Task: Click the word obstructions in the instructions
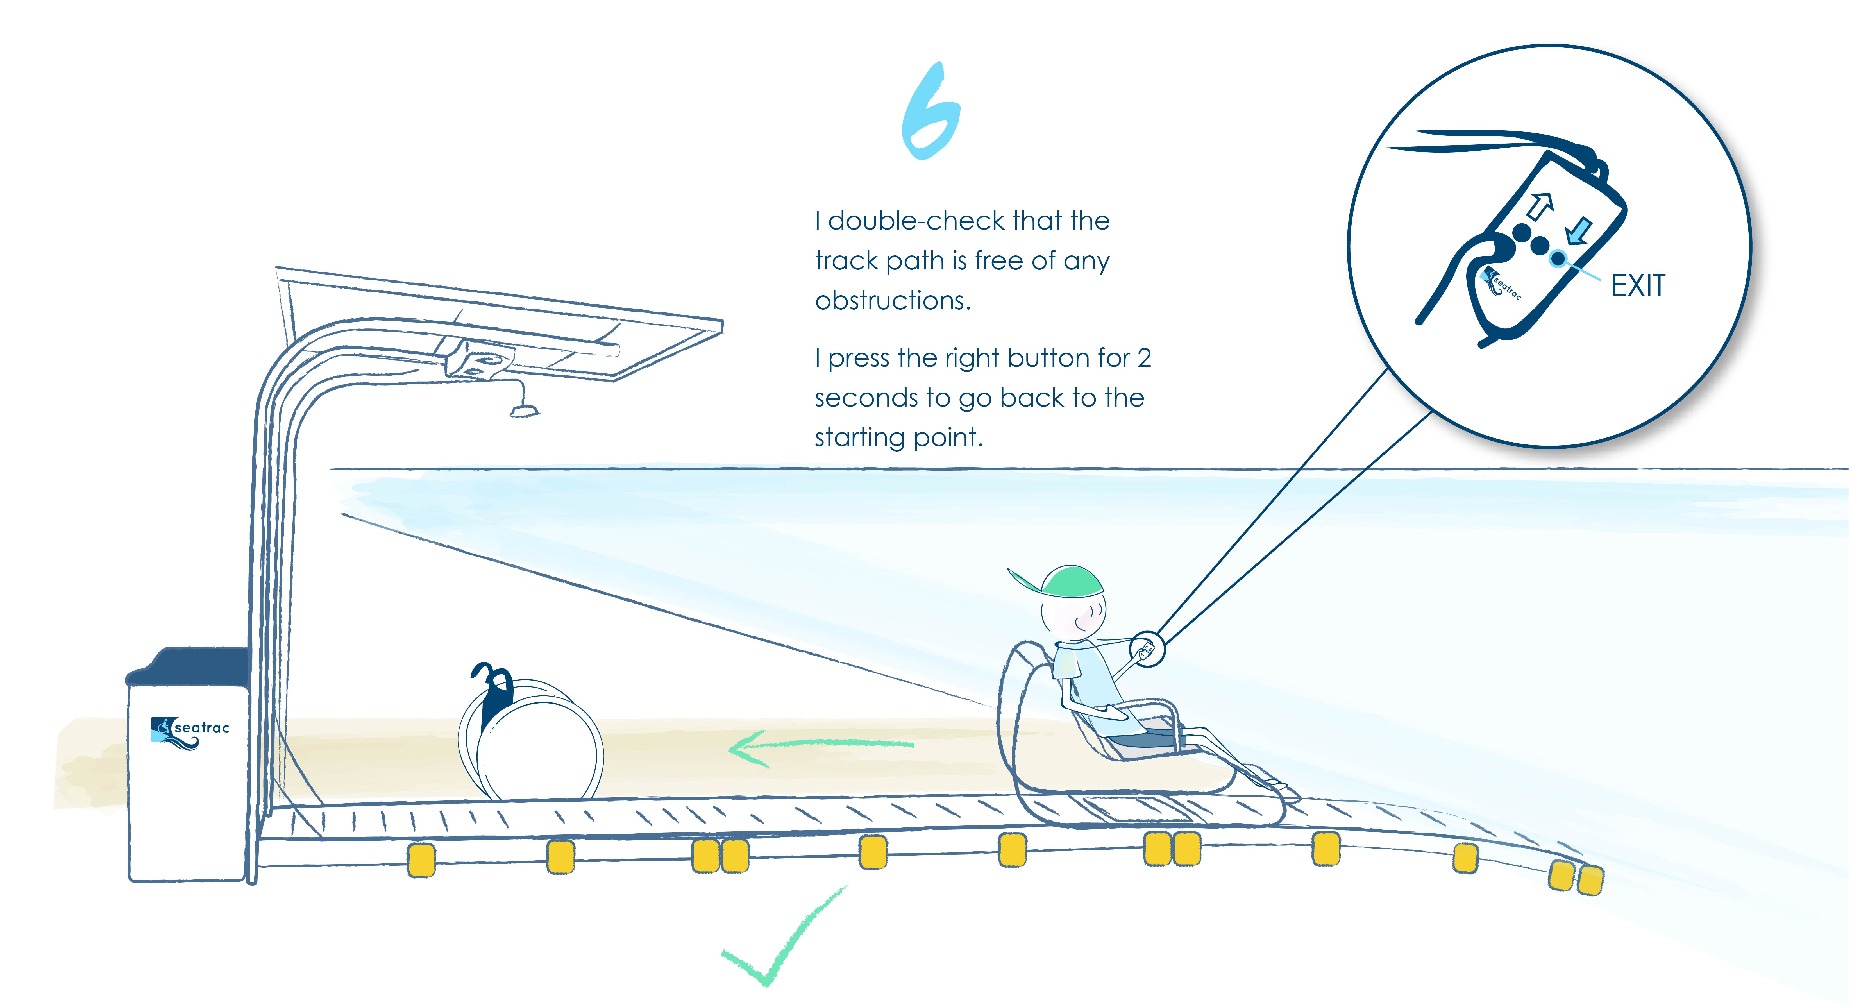click(893, 300)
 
